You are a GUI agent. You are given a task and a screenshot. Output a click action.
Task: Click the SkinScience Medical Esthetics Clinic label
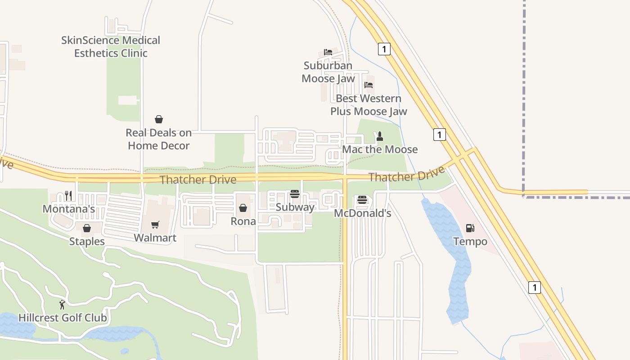coord(111,47)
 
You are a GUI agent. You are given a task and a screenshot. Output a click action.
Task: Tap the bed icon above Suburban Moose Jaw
coord(328,52)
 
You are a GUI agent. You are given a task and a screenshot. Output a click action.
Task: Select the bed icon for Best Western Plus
coord(369,85)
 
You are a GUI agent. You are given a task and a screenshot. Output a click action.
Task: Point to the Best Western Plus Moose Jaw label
coord(369,105)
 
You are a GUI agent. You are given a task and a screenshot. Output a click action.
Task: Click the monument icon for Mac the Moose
coord(380,136)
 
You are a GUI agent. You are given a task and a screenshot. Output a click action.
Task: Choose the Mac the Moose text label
coord(380,149)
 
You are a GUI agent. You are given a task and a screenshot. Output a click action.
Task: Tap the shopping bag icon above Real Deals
coord(159,119)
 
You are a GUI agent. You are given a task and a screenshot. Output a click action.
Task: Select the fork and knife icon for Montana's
coord(68,195)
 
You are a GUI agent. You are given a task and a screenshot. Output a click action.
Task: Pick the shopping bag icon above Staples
coord(87,228)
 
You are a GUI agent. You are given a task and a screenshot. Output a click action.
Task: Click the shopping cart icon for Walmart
coord(155,225)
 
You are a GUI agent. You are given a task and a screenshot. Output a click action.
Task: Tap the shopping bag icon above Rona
coord(243,208)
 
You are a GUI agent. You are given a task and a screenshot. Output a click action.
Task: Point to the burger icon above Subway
coord(295,194)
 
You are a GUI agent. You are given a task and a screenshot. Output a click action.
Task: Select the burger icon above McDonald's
coord(362,199)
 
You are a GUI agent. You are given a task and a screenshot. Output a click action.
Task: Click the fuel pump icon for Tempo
coord(470,228)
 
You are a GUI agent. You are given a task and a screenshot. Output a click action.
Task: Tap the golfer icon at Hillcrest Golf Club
coord(62,305)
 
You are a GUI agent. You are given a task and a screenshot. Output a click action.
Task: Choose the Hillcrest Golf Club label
coord(63,318)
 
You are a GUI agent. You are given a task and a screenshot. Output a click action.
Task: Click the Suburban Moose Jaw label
coord(328,72)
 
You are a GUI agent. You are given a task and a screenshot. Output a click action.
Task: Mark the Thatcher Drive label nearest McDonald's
coord(407,174)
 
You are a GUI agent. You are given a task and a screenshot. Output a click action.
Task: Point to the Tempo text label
coord(470,242)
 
